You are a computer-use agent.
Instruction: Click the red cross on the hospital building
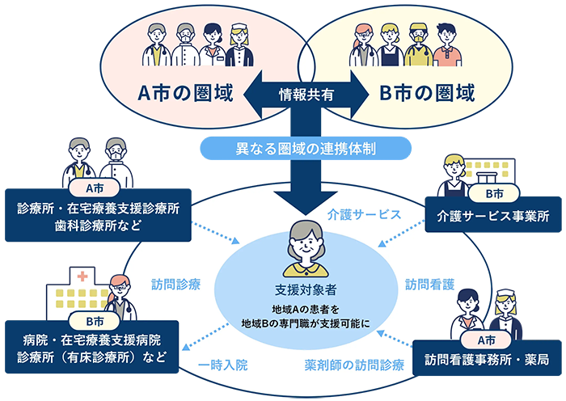[82, 276]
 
